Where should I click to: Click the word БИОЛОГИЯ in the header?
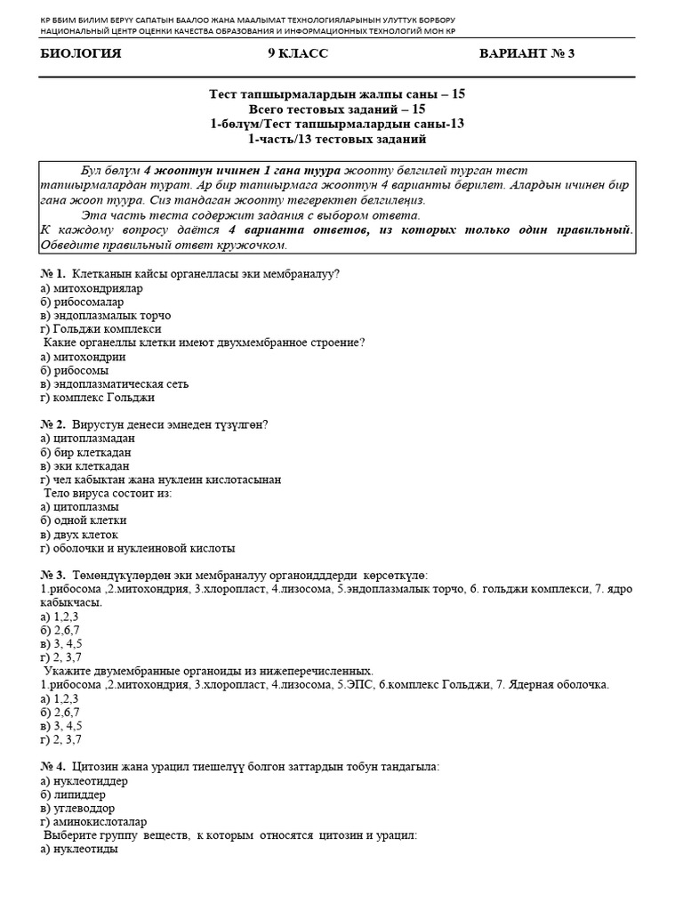click(81, 54)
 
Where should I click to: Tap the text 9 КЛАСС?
click(298, 54)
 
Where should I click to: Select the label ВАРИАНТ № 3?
click(526, 54)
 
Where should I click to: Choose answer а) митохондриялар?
click(92, 288)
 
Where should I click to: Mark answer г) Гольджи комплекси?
click(100, 329)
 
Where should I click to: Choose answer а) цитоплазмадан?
click(88, 439)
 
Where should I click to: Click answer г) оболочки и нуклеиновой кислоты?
click(138, 548)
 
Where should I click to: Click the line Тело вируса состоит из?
click(108, 493)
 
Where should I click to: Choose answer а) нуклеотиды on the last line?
click(79, 850)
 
